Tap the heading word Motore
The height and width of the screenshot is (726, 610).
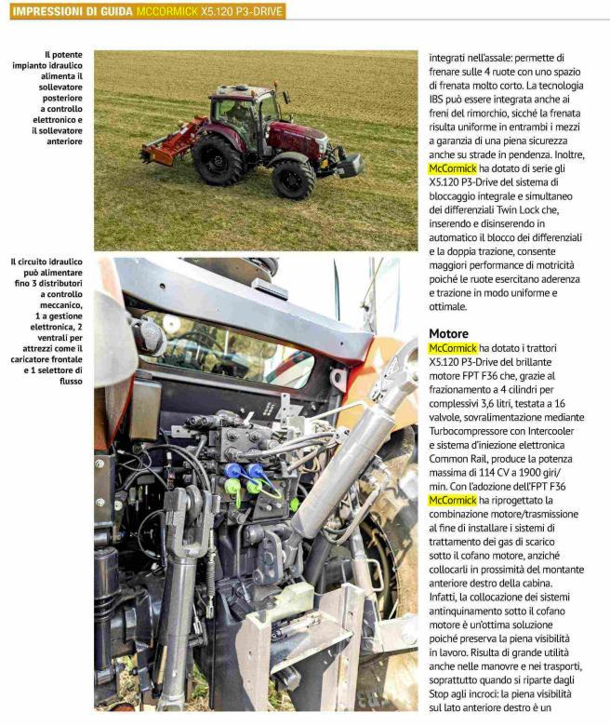pyautogui.click(x=448, y=333)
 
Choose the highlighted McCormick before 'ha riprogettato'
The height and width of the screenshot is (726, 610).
pyautogui.click(x=453, y=500)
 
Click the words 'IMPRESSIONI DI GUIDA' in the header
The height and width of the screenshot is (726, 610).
pyautogui.click(x=72, y=11)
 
